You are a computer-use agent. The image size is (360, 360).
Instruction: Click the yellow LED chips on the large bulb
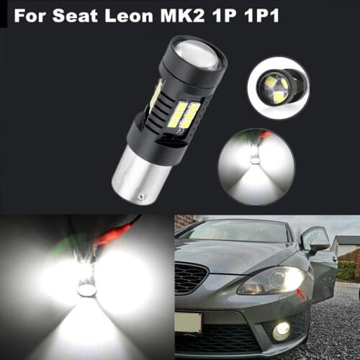click(x=183, y=115)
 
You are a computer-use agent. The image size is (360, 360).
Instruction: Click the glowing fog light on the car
click(x=282, y=330)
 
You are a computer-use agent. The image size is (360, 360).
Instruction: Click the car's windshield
click(x=238, y=232)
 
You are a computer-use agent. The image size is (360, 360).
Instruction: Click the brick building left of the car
click(x=184, y=222)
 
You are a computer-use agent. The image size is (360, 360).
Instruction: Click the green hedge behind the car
click(x=348, y=270)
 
